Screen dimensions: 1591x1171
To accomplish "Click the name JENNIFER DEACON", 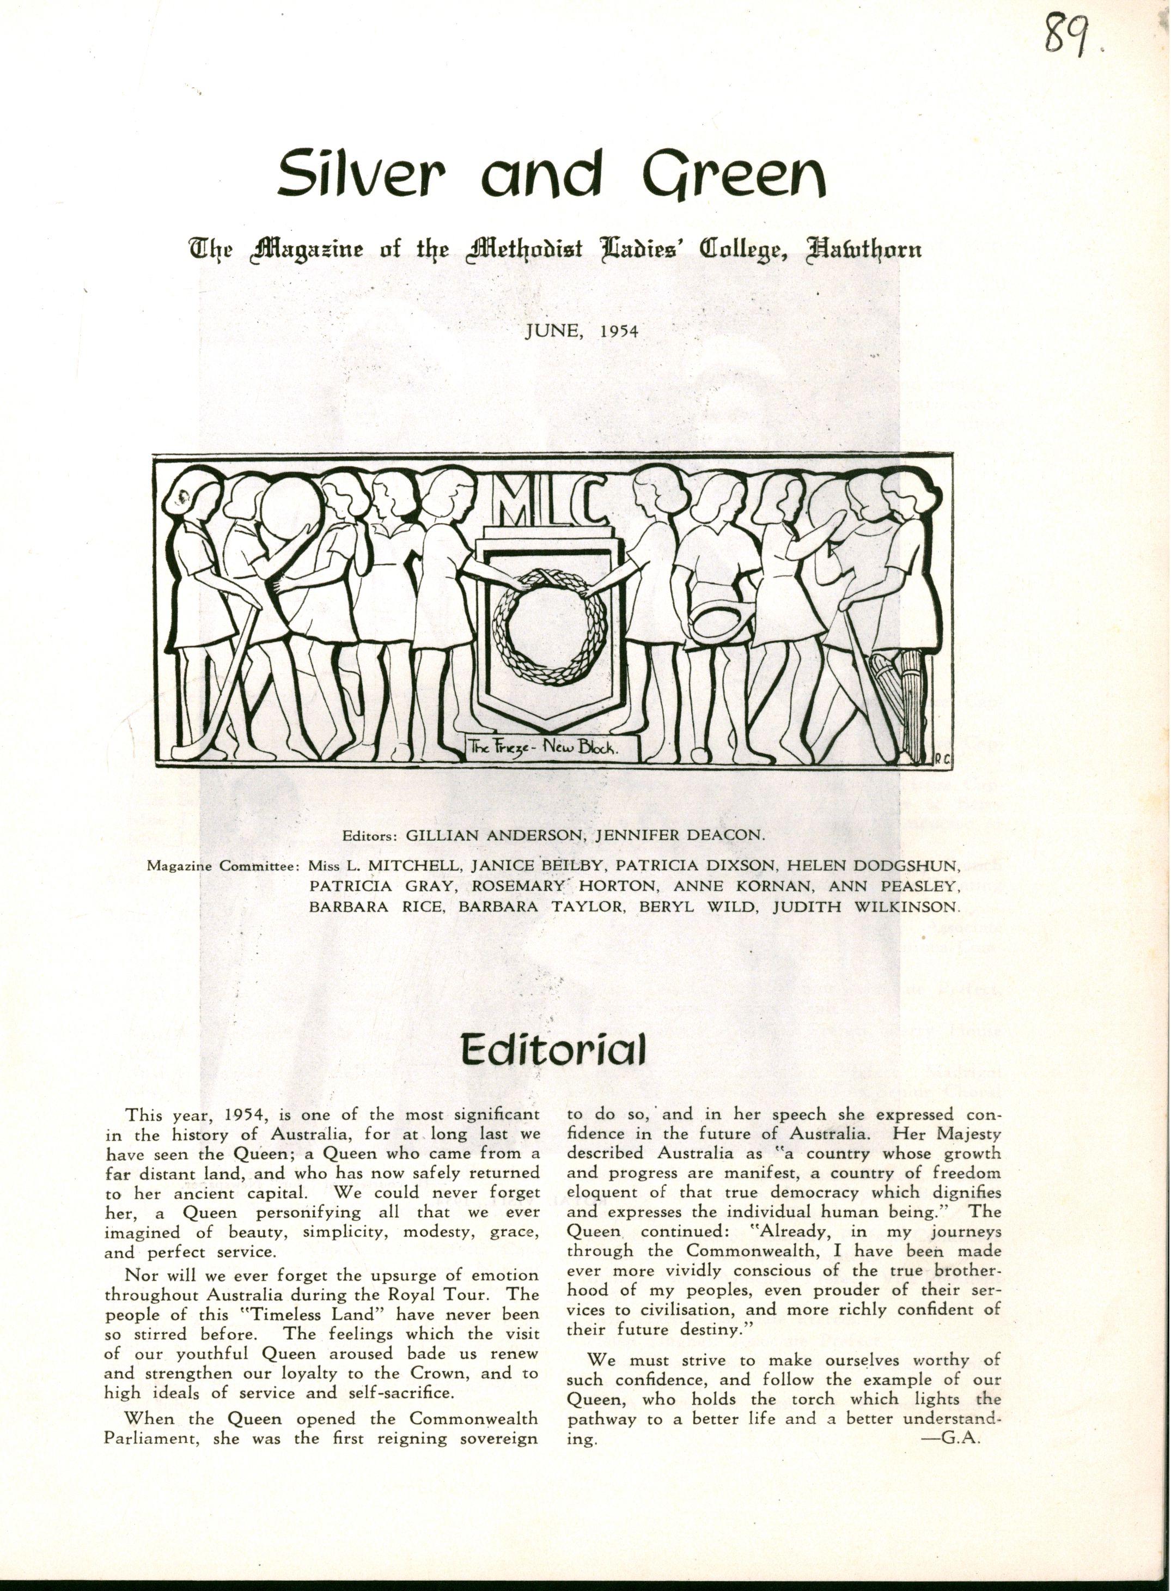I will coord(680,835).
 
